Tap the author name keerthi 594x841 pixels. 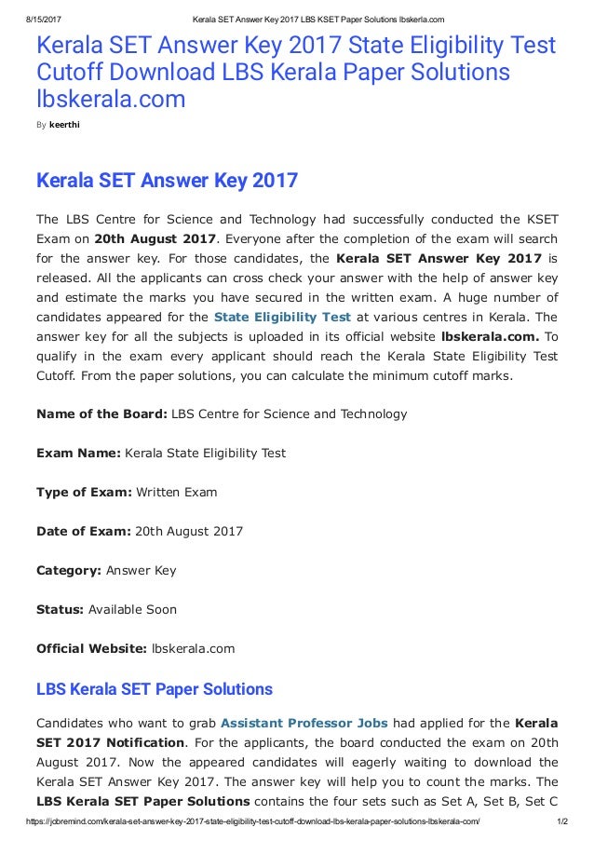(64, 123)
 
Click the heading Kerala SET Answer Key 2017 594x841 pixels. (167, 180)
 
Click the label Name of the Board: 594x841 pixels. (101, 414)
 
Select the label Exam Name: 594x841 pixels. (78, 453)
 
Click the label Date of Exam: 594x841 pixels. (83, 531)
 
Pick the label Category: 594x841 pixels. (69, 570)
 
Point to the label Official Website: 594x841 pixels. (91, 648)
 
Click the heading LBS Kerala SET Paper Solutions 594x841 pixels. (154, 690)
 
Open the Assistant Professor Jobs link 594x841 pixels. (304, 723)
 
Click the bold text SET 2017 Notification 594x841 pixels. (110, 742)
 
